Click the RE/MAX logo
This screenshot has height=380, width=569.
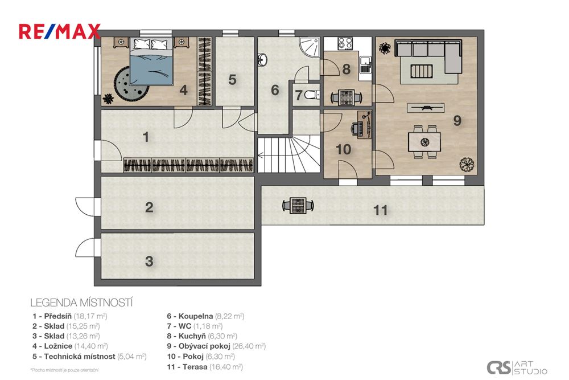coord(60,31)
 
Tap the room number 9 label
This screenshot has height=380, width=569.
coord(456,120)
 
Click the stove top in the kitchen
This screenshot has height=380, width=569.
coord(345,43)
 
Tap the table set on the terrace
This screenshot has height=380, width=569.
coord(297,205)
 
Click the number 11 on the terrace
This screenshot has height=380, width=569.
coord(380,211)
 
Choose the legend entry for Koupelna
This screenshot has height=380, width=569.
coord(205,316)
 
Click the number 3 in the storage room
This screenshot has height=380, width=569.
coord(149,261)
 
